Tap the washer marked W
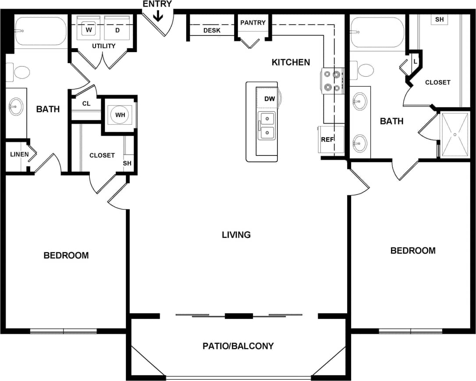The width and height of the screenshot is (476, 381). pyautogui.click(x=89, y=30)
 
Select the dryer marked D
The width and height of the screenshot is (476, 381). pyautogui.click(x=117, y=30)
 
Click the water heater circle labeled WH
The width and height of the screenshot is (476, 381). pyautogui.click(x=120, y=115)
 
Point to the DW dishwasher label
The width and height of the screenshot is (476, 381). pyautogui.click(x=270, y=99)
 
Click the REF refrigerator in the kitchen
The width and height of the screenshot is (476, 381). pyautogui.click(x=328, y=140)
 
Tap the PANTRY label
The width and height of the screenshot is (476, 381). pyautogui.click(x=253, y=22)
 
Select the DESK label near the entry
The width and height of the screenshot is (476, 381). pyautogui.click(x=212, y=31)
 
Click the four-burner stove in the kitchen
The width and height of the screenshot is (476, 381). pyautogui.click(x=331, y=81)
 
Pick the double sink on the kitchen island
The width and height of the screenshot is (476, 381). pyautogui.click(x=266, y=126)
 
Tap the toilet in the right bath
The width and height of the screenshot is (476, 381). pyautogui.click(x=365, y=70)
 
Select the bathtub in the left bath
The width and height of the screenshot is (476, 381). pyautogui.click(x=40, y=31)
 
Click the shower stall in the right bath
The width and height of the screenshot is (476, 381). pyautogui.click(x=455, y=134)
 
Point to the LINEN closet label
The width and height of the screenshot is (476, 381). pyautogui.click(x=19, y=154)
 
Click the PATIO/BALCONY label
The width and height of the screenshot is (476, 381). pyautogui.click(x=238, y=346)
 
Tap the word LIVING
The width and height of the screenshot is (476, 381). pyautogui.click(x=236, y=235)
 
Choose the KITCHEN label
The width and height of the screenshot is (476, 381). pyautogui.click(x=291, y=62)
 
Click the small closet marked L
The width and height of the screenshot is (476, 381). pyautogui.click(x=415, y=61)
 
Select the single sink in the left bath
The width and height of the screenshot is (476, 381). pyautogui.click(x=16, y=106)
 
